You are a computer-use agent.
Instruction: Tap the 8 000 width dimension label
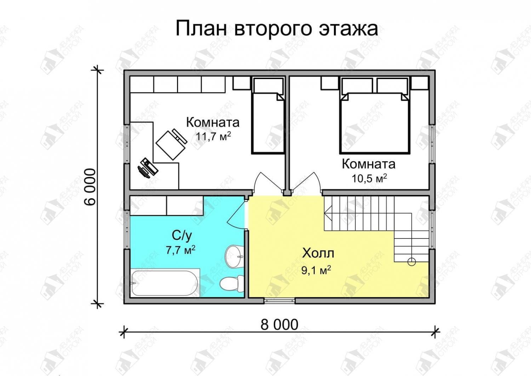[x=279, y=325]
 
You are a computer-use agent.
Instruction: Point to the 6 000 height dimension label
[x=90, y=187]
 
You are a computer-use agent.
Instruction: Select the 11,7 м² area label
[x=213, y=136]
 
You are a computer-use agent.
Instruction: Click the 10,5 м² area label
[x=369, y=178]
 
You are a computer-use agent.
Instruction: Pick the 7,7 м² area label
[x=181, y=250]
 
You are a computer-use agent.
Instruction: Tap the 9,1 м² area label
[x=316, y=270]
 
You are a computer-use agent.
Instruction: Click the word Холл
[x=318, y=253]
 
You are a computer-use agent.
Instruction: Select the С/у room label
[x=182, y=236]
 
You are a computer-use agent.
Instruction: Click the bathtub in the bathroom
[x=165, y=283]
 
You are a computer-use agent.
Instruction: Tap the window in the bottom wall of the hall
[x=280, y=301]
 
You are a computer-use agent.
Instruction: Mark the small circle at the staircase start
[x=412, y=262]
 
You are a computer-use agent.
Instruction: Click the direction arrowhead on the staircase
[x=328, y=213]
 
